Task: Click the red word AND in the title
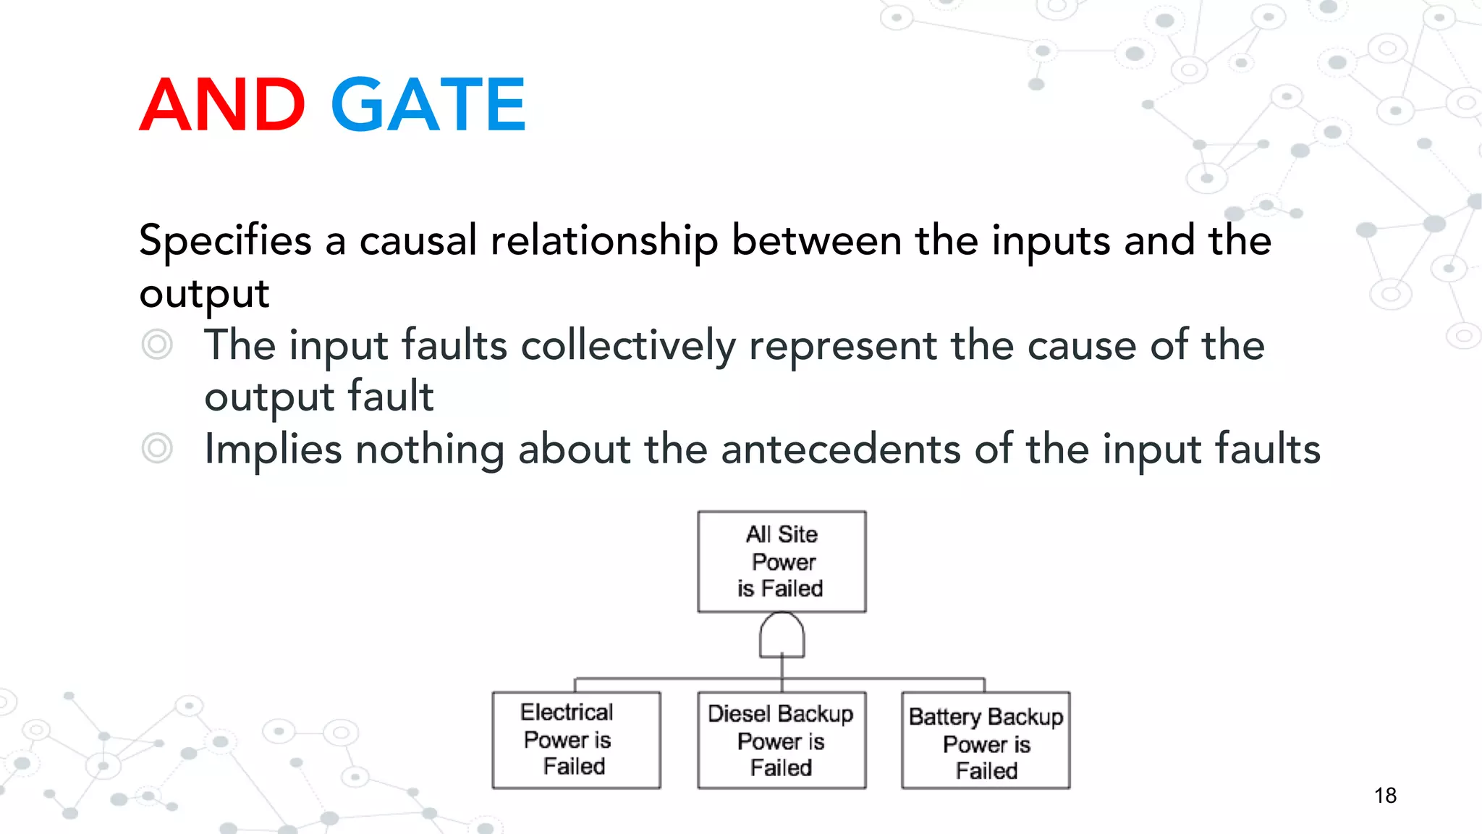point(222,105)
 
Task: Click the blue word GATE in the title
point(428,105)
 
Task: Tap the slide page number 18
point(1385,795)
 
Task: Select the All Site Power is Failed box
point(782,562)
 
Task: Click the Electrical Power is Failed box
point(576,740)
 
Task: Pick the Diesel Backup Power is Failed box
point(782,740)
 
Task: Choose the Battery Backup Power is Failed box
point(986,740)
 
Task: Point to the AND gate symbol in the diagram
point(782,635)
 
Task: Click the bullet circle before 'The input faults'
point(157,344)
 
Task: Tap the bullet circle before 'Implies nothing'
point(157,448)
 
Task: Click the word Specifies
point(225,241)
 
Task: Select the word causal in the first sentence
point(418,241)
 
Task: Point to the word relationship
point(604,241)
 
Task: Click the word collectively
point(627,345)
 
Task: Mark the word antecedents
point(840,450)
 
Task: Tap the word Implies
point(273,450)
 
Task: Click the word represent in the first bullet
point(842,345)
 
